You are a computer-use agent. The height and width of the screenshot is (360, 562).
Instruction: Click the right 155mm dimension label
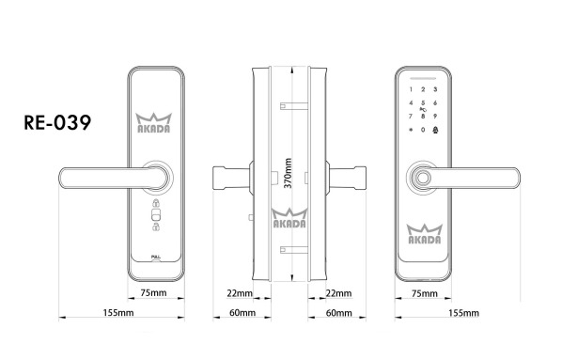[x=464, y=312]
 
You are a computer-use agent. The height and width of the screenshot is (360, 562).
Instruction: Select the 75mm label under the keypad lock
[x=424, y=294]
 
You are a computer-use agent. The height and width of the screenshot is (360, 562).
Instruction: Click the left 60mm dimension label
[x=242, y=312]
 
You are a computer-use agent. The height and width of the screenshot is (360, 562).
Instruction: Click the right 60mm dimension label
[x=336, y=312]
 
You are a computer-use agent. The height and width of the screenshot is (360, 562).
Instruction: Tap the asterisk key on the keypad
[x=411, y=131]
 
